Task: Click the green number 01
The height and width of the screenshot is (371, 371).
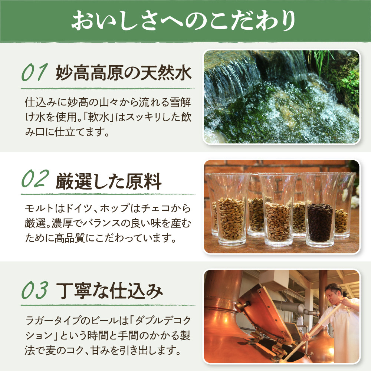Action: coord(35,72)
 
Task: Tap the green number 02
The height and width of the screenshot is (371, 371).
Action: coord(35,179)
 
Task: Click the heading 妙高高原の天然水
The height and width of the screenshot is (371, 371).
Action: coord(124,73)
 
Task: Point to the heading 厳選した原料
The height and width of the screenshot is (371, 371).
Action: coord(109,181)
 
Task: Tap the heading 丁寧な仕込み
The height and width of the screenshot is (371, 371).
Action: coord(109,291)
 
